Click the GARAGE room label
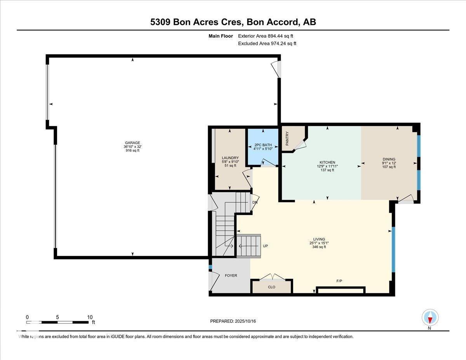pos(132,143)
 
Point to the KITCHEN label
pos(327,162)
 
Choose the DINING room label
pos(389,159)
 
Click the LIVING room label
pos(319,239)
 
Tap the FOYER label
pos(231,276)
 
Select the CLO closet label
pos(271,287)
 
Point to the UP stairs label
pos(266,246)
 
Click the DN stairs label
pos(255,202)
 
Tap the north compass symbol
pos(430,318)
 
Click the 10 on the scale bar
pos(90,317)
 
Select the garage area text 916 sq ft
pos(132,151)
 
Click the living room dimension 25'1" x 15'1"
pos(319,243)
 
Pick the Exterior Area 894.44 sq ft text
pos(265,36)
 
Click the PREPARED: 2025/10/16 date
pos(233,321)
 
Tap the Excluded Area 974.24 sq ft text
pos(267,43)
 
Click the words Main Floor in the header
pos(221,36)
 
